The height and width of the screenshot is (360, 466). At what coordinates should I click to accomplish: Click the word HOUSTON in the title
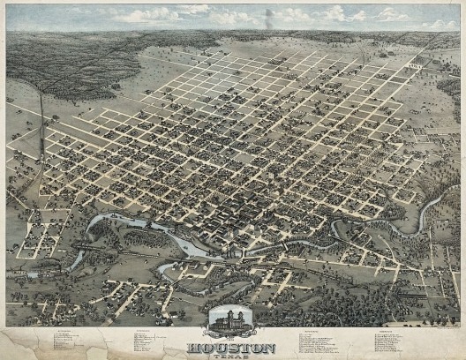click(233, 348)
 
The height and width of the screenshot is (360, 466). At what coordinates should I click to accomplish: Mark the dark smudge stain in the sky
click(267, 17)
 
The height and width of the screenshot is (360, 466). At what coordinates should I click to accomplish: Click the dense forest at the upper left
click(53, 62)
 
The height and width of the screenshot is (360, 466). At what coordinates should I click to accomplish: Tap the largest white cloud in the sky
click(150, 15)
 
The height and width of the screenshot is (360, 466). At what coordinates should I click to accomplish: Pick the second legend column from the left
click(150, 340)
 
